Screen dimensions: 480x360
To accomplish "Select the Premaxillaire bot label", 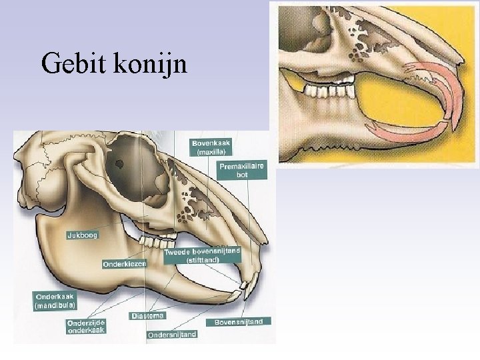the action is pyautogui.click(x=241, y=170).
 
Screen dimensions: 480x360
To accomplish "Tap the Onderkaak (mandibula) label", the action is pyautogui.click(x=55, y=300).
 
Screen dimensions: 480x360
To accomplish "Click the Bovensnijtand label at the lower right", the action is pyautogui.click(x=239, y=321).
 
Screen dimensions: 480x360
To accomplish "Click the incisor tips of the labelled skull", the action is pyautogui.click(x=245, y=287).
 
